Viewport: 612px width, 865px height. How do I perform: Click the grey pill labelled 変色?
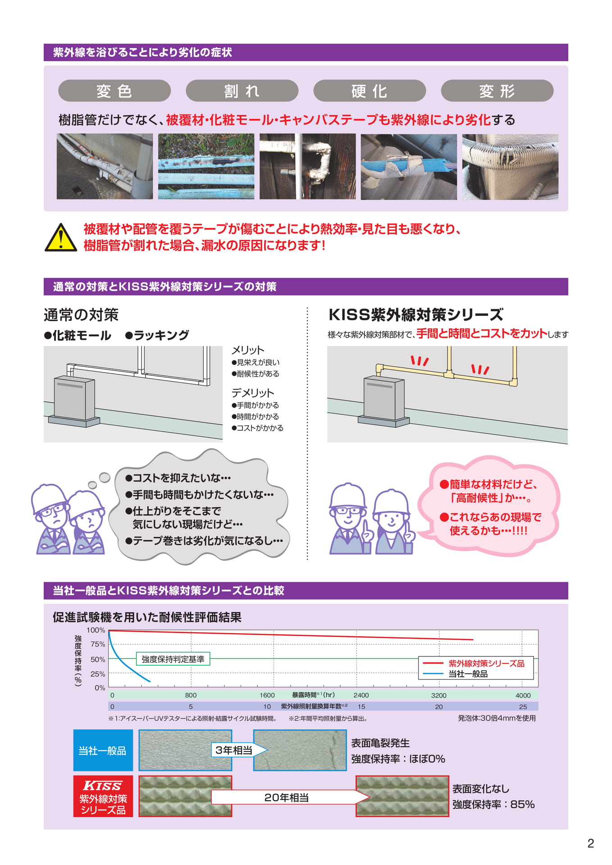click(114, 91)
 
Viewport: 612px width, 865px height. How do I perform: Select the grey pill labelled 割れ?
click(242, 91)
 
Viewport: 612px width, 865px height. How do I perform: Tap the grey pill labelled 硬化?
click(370, 91)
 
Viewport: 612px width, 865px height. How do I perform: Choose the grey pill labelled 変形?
click(497, 91)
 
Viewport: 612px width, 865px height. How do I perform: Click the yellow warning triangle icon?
click(61, 237)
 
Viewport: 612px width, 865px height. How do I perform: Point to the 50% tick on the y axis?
click(98, 659)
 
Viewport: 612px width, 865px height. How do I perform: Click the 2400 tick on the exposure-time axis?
click(361, 695)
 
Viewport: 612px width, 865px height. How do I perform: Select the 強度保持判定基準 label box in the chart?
click(173, 659)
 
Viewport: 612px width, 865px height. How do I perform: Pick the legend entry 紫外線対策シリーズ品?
click(474, 663)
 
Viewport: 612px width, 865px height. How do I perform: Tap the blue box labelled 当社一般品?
click(103, 751)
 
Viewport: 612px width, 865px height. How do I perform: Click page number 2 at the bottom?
click(590, 843)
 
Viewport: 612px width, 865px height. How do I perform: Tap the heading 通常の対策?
click(81, 315)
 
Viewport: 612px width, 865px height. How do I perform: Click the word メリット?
click(248, 350)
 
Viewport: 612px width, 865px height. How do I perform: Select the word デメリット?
click(253, 393)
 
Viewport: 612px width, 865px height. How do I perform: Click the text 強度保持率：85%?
click(493, 805)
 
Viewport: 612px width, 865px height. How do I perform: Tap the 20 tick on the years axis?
click(439, 707)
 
